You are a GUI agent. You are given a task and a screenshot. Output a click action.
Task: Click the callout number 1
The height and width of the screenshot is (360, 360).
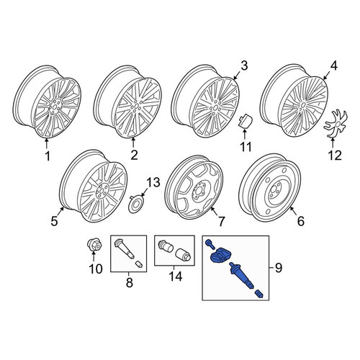click(48, 156)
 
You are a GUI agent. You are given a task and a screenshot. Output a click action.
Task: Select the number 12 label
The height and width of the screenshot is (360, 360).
click(335, 156)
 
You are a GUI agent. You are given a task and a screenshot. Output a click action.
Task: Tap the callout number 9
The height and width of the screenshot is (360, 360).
click(279, 267)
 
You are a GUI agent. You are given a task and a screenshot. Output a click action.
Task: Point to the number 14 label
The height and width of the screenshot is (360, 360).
click(176, 276)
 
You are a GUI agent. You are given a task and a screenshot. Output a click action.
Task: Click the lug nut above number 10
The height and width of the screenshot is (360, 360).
click(94, 244)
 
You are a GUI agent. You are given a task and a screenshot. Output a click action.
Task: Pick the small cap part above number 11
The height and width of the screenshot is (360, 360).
click(246, 121)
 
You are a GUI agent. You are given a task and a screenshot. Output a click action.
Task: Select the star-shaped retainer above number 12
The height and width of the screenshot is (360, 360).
click(336, 124)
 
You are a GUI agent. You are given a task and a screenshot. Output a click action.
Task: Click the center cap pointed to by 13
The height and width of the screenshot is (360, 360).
click(136, 204)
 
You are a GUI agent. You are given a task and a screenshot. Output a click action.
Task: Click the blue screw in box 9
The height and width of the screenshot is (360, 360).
click(209, 244)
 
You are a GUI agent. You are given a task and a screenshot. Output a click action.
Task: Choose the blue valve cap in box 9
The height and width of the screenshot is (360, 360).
click(259, 294)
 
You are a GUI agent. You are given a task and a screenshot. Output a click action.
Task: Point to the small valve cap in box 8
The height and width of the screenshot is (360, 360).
click(139, 264)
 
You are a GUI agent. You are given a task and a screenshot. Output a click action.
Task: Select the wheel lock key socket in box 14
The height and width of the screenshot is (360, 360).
click(184, 254)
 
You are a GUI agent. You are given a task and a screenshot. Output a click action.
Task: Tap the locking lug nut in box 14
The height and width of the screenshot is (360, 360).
click(165, 246)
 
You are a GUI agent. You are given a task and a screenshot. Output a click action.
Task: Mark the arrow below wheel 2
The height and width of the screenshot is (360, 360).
click(133, 143)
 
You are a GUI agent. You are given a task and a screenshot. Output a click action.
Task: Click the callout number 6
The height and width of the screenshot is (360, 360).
click(301, 221)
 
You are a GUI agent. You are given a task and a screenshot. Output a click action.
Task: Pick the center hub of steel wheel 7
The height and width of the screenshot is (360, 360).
click(199, 189)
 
